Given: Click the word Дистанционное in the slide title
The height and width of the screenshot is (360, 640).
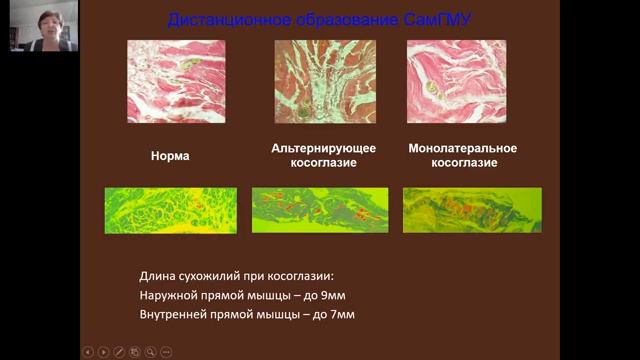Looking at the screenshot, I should coord(218,19).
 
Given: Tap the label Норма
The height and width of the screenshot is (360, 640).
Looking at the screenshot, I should coord(170,156).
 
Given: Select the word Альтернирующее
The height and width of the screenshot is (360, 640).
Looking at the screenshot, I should coord(324,148).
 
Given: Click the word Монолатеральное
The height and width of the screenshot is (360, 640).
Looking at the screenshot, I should coord(463,148).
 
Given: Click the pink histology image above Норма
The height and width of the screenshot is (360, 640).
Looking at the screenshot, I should coord(176,81).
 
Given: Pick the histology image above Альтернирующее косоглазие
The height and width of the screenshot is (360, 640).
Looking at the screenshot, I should coord(325,81).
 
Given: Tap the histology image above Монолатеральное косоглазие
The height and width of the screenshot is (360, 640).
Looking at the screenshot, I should coord(456,81).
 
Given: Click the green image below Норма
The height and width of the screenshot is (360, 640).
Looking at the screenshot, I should coord(170,210).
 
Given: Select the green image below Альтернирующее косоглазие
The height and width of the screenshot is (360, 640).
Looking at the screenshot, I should coord(319,210).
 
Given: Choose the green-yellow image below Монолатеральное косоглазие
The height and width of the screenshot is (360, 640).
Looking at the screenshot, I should coord(471,210).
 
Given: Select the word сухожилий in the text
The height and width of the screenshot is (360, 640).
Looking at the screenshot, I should coord(208,275).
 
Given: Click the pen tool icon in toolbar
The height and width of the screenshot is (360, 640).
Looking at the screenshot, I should coord(119,352).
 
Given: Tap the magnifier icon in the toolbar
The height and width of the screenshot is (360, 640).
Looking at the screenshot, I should coord(150,352).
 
